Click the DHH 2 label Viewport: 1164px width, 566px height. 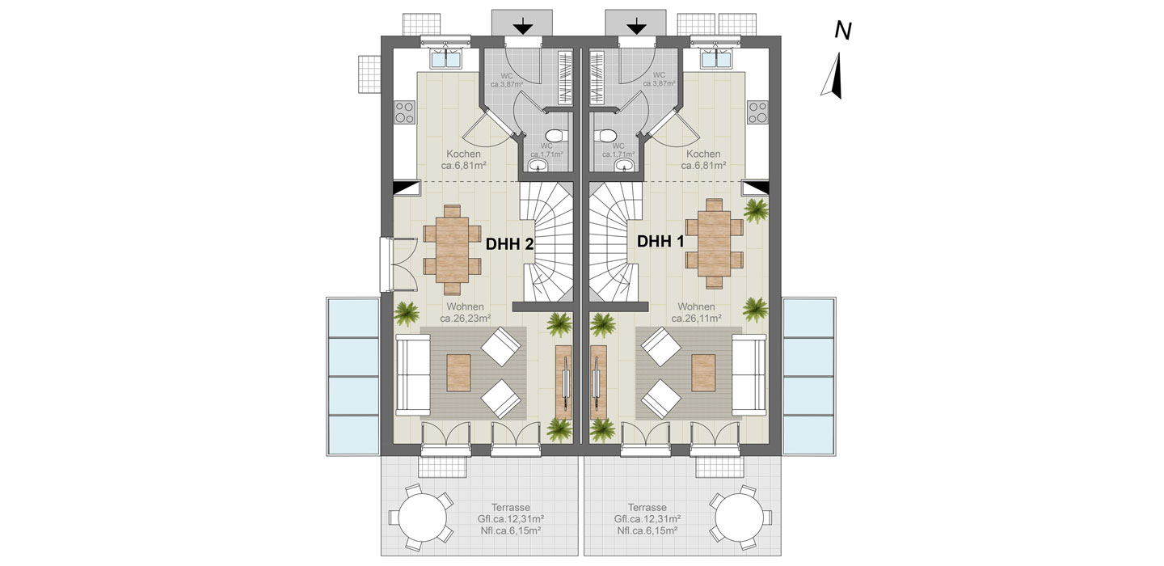[509, 244]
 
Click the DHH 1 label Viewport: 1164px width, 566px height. [660, 241]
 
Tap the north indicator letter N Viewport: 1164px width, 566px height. [843, 32]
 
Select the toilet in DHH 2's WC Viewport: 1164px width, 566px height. [555, 136]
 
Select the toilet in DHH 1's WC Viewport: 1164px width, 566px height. [607, 136]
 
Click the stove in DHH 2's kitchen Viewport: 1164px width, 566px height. [404, 112]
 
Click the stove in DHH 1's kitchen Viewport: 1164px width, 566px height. [757, 112]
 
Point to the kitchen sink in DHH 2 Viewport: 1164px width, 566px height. [447, 58]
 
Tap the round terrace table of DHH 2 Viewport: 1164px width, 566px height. [422, 517]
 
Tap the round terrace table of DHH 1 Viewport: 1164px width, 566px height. [740, 517]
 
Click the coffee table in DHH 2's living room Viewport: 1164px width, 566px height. [458, 373]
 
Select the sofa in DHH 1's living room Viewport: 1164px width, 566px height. [749, 374]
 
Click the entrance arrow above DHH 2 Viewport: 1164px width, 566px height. [523, 27]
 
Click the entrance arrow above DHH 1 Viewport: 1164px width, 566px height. [635, 27]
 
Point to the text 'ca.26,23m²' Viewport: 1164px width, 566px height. [465, 319]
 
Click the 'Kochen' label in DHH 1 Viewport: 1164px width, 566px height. [703, 154]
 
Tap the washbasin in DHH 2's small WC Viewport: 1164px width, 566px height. [538, 166]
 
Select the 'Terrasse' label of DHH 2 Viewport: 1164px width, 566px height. [511, 507]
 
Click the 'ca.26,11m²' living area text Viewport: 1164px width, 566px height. [696, 319]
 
